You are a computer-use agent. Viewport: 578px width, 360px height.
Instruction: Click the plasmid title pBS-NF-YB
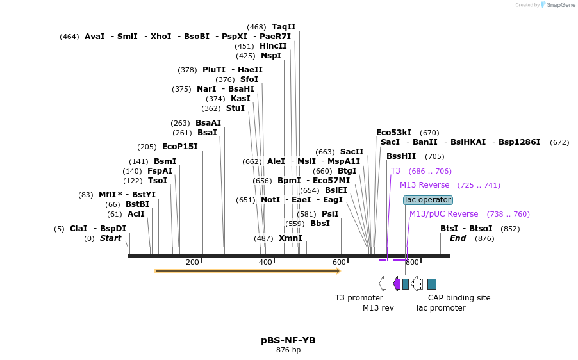pyautogui.click(x=288, y=340)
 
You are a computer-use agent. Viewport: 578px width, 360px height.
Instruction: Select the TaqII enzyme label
pyautogui.click(x=284, y=27)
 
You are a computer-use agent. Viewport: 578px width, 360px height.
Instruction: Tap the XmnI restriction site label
pyautogui.click(x=290, y=238)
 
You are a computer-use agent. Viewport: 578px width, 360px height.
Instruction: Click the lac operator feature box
pyautogui.click(x=427, y=200)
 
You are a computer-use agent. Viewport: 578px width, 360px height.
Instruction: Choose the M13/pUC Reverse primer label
pyautogui.click(x=443, y=214)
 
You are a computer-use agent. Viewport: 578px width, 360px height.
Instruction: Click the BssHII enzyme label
pyautogui.click(x=401, y=156)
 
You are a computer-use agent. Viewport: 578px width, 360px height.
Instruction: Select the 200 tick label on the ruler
pyautogui.click(x=192, y=263)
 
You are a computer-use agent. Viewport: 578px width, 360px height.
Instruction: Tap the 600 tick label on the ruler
pyautogui.click(x=339, y=263)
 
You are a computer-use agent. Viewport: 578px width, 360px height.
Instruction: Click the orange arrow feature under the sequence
pyautogui.click(x=247, y=271)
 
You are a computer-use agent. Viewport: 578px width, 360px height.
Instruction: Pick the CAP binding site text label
pyautogui.click(x=459, y=298)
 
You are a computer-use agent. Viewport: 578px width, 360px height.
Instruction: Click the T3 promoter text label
pyautogui.click(x=359, y=298)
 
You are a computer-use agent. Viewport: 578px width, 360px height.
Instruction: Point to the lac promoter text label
pyautogui.click(x=441, y=308)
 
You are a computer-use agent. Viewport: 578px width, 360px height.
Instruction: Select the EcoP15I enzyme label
pyautogui.click(x=179, y=147)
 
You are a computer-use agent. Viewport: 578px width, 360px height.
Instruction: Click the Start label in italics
pyautogui.click(x=110, y=238)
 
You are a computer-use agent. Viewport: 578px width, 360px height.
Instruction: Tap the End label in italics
pyautogui.click(x=458, y=238)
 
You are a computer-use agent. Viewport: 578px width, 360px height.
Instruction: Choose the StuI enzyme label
pyautogui.click(x=235, y=108)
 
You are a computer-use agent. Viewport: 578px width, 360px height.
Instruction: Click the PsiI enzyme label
pyautogui.click(x=330, y=214)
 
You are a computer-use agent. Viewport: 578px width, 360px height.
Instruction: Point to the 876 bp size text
pyautogui.click(x=288, y=350)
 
